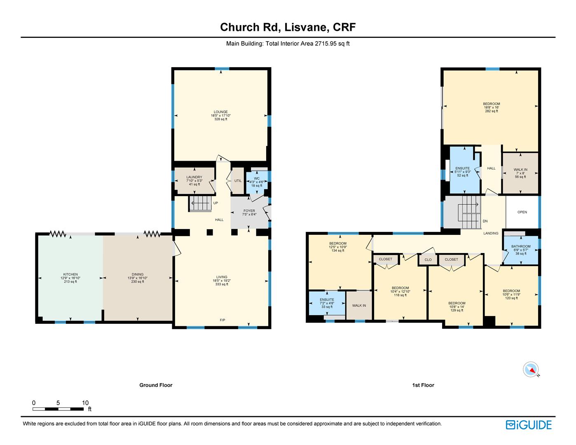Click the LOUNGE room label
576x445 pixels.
220,112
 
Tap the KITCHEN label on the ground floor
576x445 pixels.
70,274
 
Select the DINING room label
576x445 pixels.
138,274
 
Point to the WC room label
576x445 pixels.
257,178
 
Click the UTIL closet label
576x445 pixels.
238,181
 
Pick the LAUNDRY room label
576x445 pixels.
194,177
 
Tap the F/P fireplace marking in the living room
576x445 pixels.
222,320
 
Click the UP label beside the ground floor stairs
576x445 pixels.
215,203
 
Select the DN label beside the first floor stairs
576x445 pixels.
485,221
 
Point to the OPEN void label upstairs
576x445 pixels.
522,212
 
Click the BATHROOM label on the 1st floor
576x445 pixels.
521,246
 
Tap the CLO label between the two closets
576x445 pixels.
428,260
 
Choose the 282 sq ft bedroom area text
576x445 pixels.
492,111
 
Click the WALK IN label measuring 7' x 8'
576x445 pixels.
520,170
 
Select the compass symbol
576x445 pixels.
531,369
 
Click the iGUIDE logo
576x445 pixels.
529,425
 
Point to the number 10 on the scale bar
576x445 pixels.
85,403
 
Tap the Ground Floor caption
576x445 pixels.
156,385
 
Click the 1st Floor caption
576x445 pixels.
423,385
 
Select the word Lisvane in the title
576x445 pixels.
305,27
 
